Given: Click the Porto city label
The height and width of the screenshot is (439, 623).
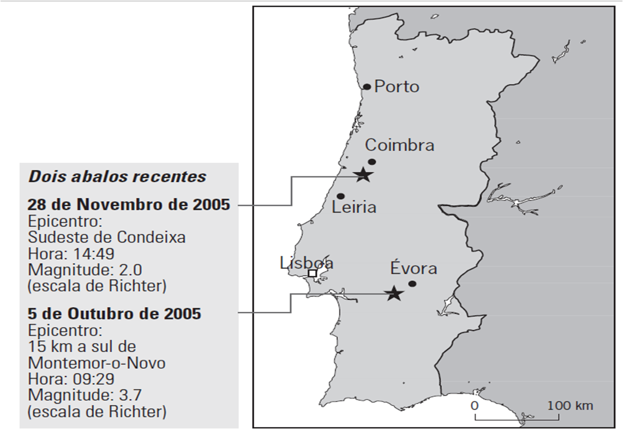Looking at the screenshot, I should coord(397,86).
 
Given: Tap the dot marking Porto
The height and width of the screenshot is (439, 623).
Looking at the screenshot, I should coord(367,87).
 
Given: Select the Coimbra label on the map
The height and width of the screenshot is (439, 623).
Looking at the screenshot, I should coord(400,145).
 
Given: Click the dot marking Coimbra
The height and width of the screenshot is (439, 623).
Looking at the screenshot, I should coord(372,162).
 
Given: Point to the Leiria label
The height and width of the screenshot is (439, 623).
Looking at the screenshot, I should coord(354,207).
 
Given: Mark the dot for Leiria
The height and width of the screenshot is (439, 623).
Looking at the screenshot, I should coord(340,196).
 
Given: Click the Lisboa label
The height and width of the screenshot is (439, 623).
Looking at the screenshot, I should coord(307,263).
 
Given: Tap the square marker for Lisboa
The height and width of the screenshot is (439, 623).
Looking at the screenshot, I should coord(313,273).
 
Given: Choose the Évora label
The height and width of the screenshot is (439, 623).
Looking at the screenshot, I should coord(414,269).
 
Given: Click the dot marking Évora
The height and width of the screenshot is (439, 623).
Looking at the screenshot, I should coord(412,283).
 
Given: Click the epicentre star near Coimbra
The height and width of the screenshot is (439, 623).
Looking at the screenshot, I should coord(363,175).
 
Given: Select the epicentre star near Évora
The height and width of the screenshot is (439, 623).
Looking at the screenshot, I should coord(393,294).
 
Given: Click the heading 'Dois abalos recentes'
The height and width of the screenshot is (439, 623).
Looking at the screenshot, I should coord(117,177).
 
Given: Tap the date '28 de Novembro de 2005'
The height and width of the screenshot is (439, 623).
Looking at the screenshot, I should coord(129,205).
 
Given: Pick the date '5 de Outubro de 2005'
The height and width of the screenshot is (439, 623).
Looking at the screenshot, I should coord(115,314).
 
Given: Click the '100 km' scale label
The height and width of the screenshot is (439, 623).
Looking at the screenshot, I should coord(571,406).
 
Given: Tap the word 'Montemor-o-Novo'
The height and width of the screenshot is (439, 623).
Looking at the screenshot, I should coord(97,363).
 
